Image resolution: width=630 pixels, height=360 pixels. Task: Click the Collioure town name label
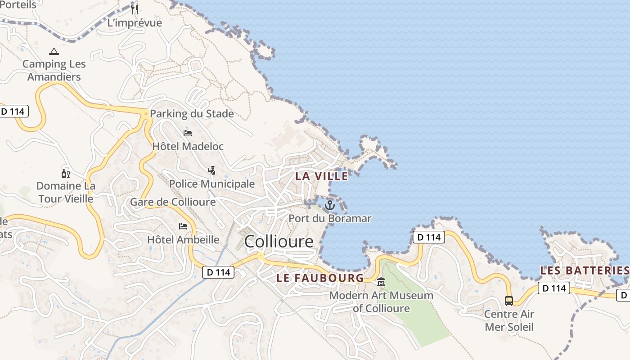pos(279,242)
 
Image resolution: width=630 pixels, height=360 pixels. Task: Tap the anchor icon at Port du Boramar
pos(330,205)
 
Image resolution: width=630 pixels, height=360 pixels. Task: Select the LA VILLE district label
pos(321,176)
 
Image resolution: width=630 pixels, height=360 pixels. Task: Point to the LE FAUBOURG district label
pos(319,278)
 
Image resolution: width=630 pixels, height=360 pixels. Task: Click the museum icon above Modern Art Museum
pos(381,283)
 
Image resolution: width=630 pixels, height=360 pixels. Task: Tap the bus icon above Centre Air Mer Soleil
pos(509,301)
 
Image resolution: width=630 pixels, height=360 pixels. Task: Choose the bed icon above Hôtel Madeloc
pos(188,133)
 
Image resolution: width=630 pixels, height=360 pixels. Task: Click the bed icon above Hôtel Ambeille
pos(183,226)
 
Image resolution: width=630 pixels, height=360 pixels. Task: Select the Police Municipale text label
pos(212,184)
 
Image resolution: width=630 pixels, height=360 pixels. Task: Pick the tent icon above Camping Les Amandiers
pos(54,51)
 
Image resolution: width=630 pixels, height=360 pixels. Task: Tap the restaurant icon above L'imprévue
pos(134,9)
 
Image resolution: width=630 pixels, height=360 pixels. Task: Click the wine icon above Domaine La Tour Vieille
pos(66,173)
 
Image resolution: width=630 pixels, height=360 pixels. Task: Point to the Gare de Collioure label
pos(173,202)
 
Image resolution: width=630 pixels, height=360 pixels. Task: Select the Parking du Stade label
pos(192,113)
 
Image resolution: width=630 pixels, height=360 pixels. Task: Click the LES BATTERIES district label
pos(584,270)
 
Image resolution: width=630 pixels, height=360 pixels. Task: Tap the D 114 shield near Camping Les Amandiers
pos(13,111)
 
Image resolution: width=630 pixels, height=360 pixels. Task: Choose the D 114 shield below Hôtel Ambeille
pos(218,272)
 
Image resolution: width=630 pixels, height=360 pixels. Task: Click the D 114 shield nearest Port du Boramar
pos(428,237)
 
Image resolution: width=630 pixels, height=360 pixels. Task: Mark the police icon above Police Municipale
pos(211,170)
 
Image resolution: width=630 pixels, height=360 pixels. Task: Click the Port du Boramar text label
pos(330,219)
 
